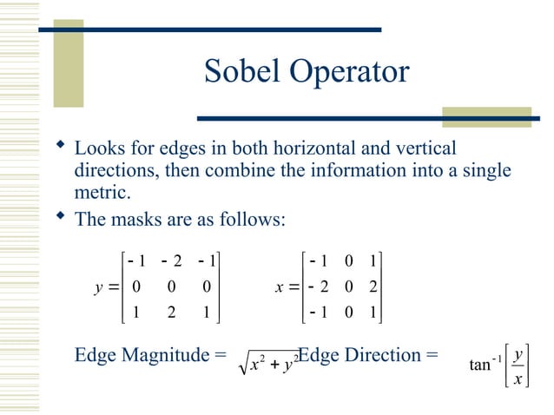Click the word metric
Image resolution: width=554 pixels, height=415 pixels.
[x=99, y=191]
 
